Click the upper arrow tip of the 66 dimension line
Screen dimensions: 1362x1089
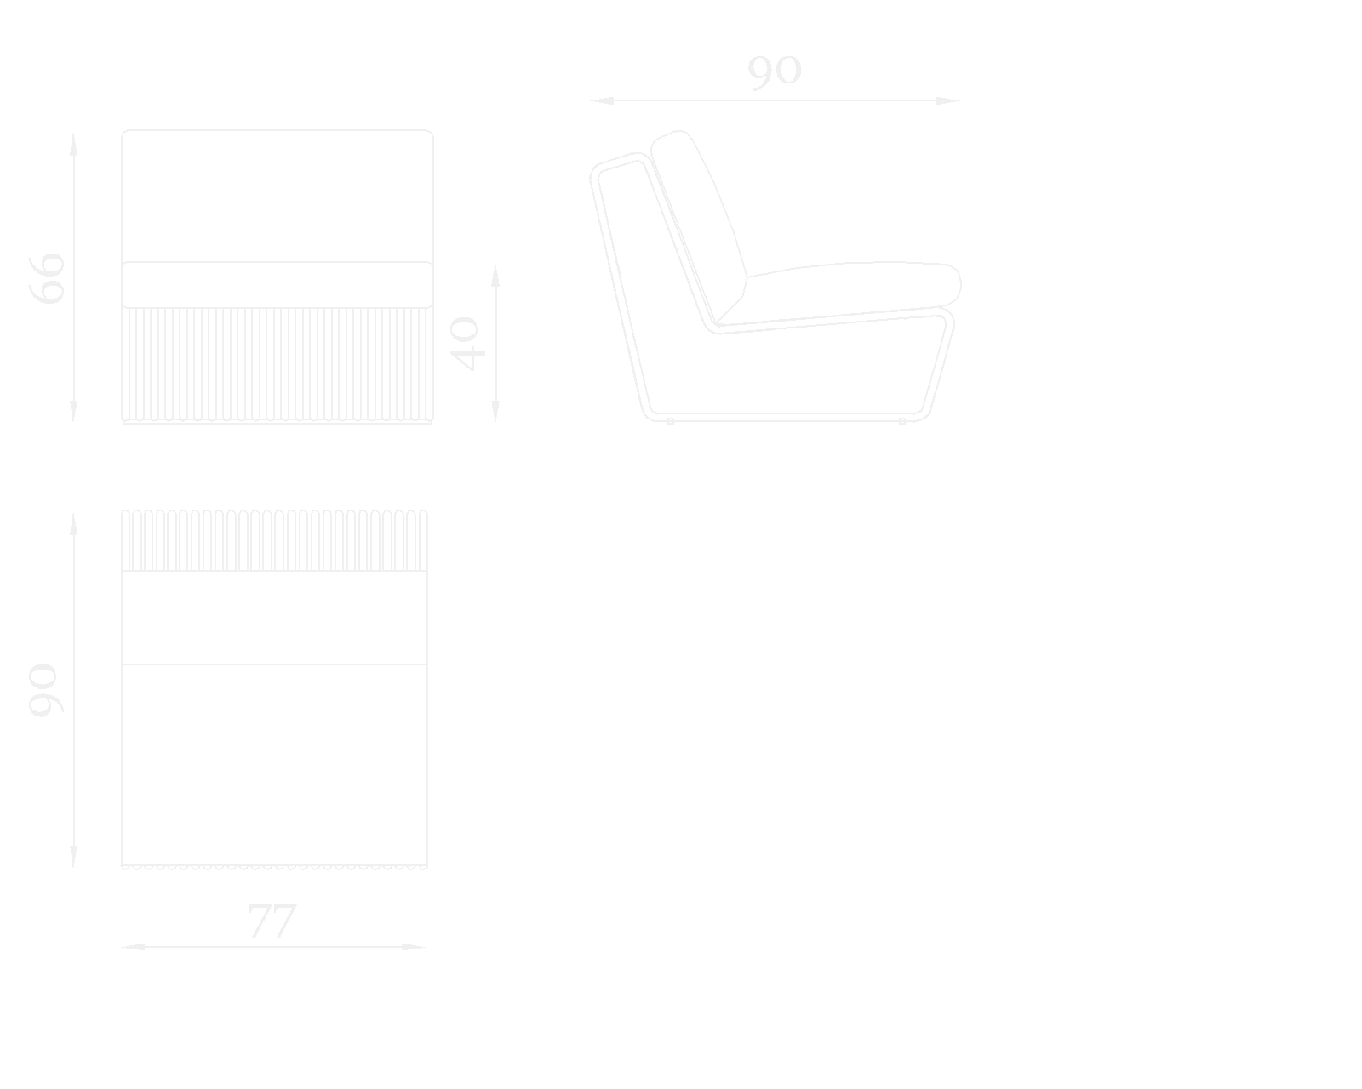point(73,133)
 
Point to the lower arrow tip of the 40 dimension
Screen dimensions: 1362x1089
point(495,422)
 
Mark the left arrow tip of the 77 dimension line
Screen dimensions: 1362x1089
point(121,947)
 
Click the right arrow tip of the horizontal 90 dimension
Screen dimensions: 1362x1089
point(960,100)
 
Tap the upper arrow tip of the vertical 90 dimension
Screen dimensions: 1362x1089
point(73,513)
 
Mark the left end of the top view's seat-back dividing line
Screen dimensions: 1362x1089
point(122,664)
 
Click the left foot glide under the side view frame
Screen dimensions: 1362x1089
point(671,421)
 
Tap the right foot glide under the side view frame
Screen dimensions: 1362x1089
point(902,421)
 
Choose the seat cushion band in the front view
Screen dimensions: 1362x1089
point(278,285)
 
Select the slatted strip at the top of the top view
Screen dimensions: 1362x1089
point(275,540)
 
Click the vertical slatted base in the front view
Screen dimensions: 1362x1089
point(278,365)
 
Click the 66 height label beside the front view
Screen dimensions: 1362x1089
point(47,279)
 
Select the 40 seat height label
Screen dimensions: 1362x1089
point(467,344)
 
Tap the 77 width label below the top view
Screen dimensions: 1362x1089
point(272,921)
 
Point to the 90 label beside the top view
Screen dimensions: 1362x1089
point(46,691)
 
